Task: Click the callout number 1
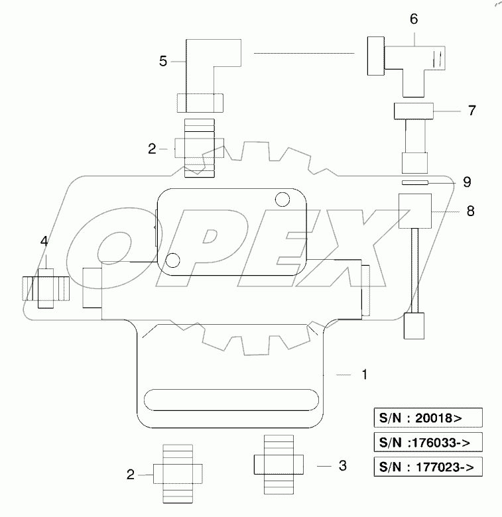click(363, 374)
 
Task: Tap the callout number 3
click(342, 466)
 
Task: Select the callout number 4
click(44, 242)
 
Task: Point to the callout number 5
click(163, 62)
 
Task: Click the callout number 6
click(413, 19)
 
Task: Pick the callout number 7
click(471, 110)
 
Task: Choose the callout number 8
click(471, 211)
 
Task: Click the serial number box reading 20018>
click(425, 418)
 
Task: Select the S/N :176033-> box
click(425, 443)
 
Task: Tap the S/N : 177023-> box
click(425, 467)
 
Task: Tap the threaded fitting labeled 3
click(279, 464)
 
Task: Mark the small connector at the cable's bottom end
click(413, 327)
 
